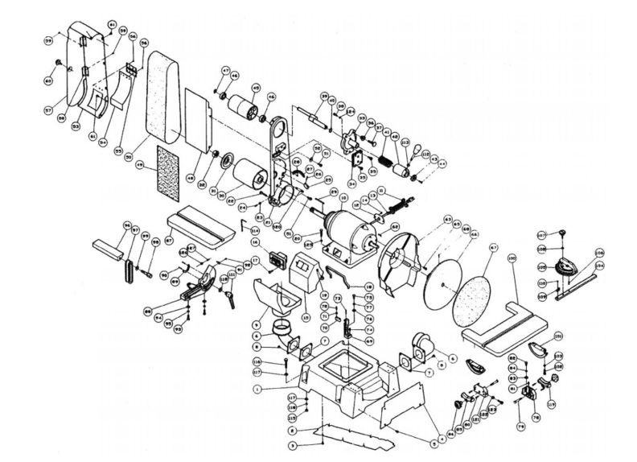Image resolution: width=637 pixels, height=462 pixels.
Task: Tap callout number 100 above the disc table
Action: click(512, 258)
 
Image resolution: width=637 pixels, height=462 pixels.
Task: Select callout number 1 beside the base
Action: click(256, 390)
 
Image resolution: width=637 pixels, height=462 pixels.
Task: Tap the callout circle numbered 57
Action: click(48, 109)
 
